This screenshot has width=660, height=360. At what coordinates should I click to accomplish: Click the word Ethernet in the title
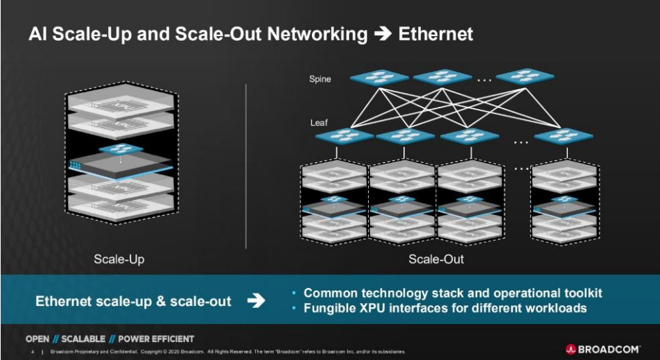click(x=436, y=33)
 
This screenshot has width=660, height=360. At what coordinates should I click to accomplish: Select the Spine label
click(x=320, y=79)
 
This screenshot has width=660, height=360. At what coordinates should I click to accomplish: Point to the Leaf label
click(x=319, y=123)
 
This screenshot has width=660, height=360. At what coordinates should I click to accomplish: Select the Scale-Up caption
click(x=119, y=259)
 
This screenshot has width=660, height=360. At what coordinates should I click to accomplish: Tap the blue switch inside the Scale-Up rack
click(x=119, y=148)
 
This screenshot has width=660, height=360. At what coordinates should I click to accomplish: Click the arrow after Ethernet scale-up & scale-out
click(x=256, y=301)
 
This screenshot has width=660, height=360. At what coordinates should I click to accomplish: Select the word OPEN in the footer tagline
click(x=37, y=339)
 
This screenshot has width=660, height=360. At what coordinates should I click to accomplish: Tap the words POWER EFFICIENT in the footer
click(x=156, y=339)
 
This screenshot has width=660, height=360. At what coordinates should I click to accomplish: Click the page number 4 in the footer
click(x=33, y=352)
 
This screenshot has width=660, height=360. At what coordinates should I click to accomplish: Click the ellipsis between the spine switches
click(x=484, y=80)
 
